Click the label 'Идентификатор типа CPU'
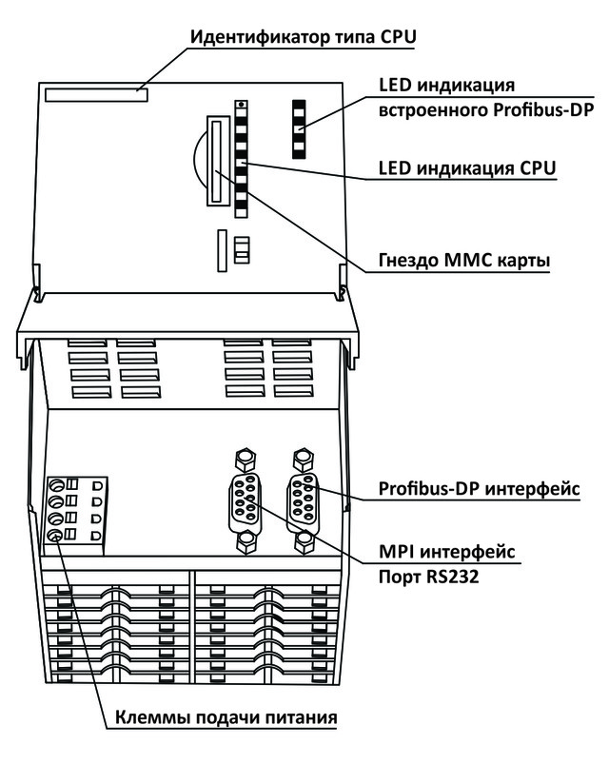[304, 36]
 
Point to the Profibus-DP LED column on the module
[297, 127]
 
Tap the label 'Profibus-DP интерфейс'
[480, 489]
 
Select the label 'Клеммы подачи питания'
[226, 715]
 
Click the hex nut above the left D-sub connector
[245, 460]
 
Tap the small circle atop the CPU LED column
[241, 105]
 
